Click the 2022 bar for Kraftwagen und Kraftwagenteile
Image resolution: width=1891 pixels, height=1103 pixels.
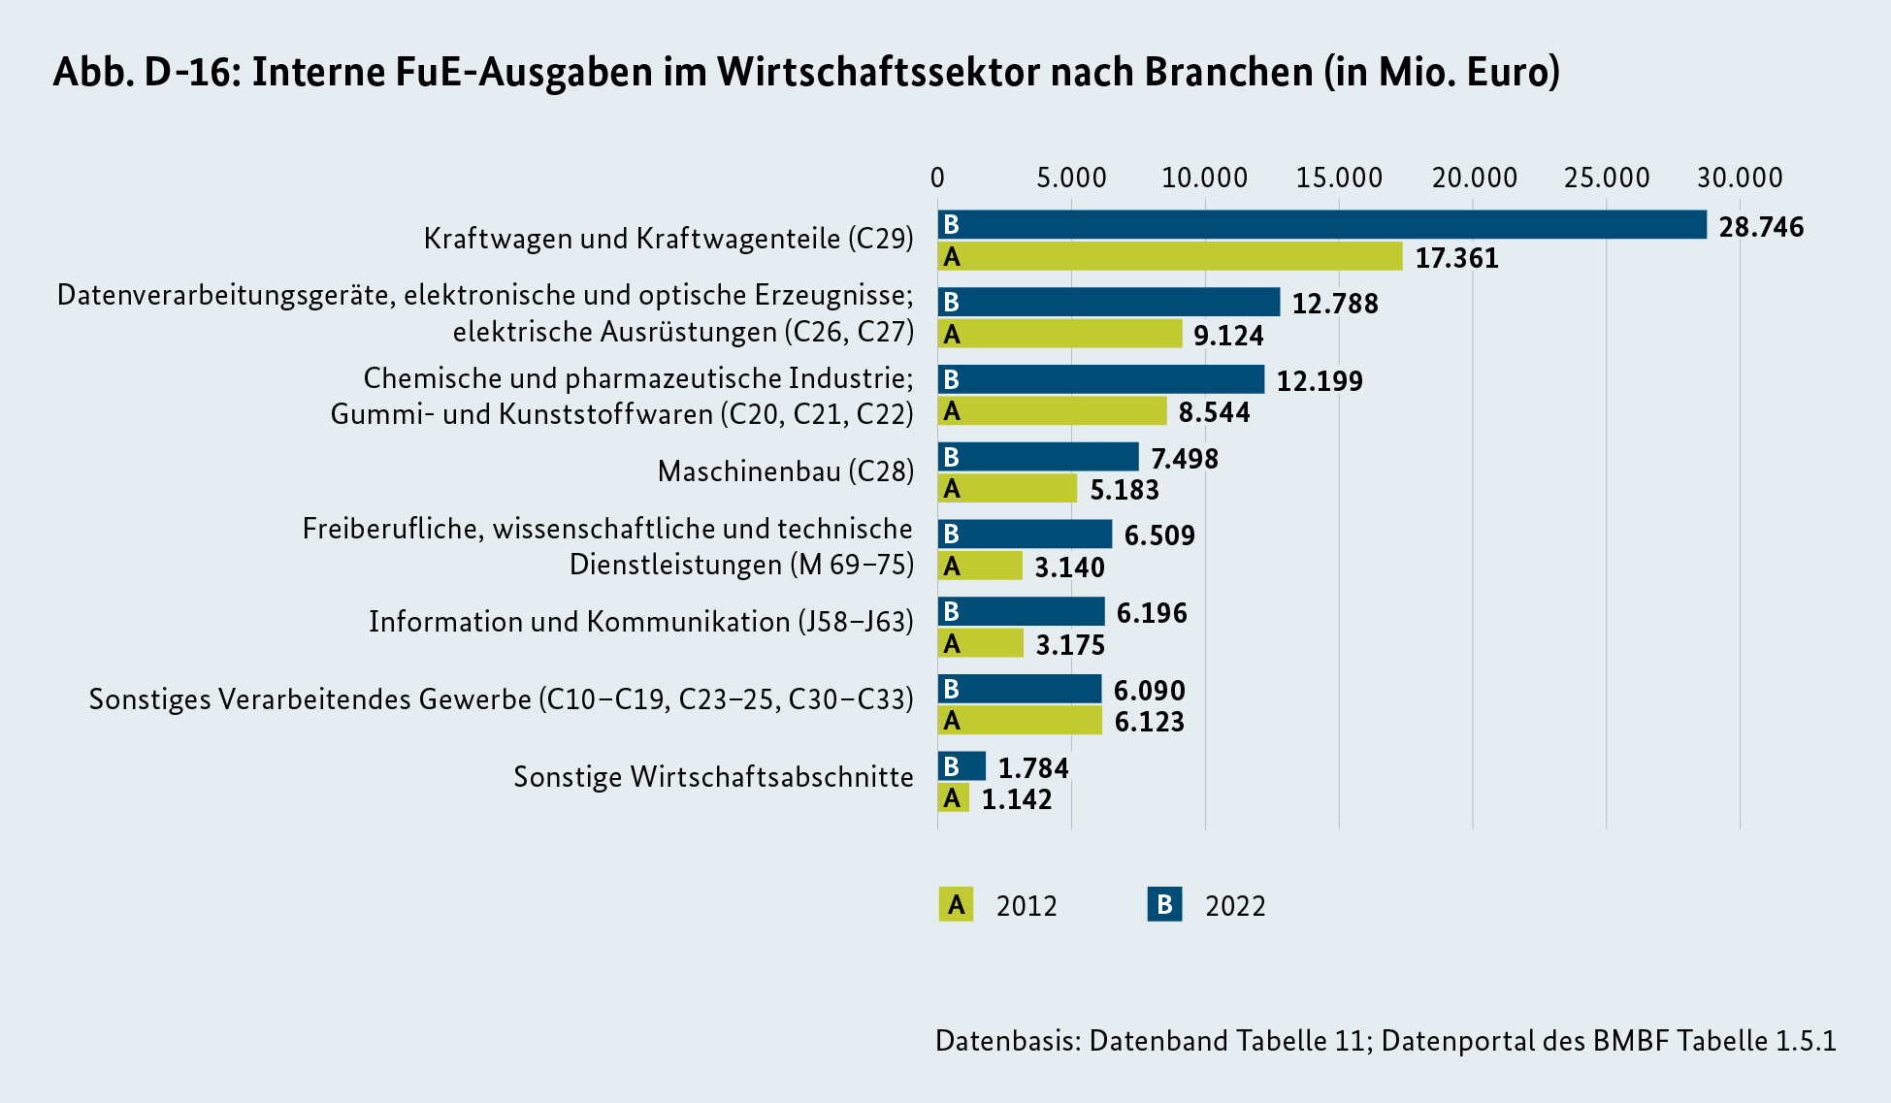tap(1321, 224)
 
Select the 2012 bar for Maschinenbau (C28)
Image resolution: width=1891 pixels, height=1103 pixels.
tap(1007, 488)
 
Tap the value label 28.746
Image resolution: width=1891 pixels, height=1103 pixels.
tap(1761, 227)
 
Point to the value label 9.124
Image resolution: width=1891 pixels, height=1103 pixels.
tap(1228, 336)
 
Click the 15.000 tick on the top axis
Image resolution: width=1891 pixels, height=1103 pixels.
tap(1339, 178)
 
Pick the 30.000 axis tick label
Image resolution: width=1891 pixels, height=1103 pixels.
tap(1740, 178)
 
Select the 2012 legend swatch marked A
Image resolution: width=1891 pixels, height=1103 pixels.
tap(956, 904)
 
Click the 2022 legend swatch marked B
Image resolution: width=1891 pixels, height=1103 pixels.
tap(1164, 904)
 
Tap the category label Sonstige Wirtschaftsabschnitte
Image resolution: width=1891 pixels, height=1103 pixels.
tap(713, 777)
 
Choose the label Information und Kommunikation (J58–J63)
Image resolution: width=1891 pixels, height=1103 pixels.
tap(640, 622)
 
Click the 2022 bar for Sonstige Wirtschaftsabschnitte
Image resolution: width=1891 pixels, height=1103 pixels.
tap(962, 766)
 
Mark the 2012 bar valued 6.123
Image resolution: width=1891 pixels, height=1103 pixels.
tap(1020, 721)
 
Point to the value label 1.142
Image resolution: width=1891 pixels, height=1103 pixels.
tap(1016, 799)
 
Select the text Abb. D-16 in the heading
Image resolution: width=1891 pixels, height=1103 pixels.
tap(146, 72)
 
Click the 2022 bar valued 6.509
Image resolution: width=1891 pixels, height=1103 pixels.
tap(1025, 534)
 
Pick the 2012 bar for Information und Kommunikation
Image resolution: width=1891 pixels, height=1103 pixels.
tap(980, 643)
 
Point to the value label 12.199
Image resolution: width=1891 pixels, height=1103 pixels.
tap(1320, 381)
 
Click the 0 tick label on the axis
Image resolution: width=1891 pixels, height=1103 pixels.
tap(937, 178)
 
